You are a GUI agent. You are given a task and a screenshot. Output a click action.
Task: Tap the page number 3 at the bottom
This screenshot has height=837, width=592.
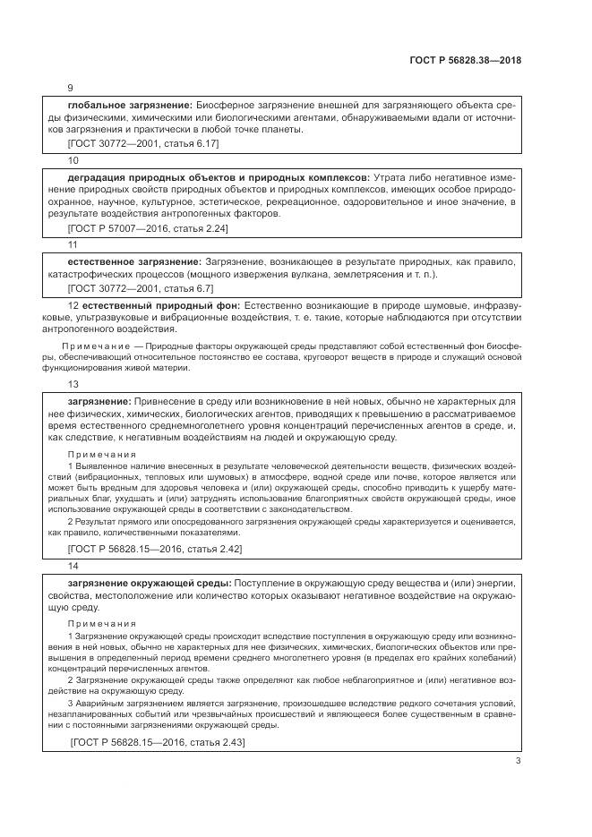[x=519, y=761]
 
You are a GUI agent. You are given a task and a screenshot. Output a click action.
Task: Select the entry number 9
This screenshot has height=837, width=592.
[x=71, y=89]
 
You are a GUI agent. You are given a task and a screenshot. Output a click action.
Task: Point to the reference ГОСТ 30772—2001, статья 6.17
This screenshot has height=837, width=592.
[x=142, y=143]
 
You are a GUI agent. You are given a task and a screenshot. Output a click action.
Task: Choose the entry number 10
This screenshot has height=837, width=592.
[x=73, y=159]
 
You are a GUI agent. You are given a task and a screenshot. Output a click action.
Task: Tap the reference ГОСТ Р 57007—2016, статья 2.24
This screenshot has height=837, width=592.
[x=148, y=228]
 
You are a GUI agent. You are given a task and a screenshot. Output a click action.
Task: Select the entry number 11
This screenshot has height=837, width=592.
[x=73, y=244]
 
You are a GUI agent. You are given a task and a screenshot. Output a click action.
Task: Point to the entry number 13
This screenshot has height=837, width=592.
[x=73, y=383]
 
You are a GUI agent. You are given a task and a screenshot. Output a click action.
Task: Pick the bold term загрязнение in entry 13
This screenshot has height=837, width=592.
[x=99, y=401]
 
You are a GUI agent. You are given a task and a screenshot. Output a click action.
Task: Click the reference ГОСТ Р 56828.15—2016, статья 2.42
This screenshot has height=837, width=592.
[x=154, y=548]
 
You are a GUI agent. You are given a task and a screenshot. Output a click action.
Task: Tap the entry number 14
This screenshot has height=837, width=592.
[x=73, y=566]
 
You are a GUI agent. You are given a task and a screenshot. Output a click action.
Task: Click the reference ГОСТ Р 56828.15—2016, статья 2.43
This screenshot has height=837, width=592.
[x=158, y=742]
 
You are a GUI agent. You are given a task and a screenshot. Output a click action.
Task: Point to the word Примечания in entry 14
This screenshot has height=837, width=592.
[x=101, y=623]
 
